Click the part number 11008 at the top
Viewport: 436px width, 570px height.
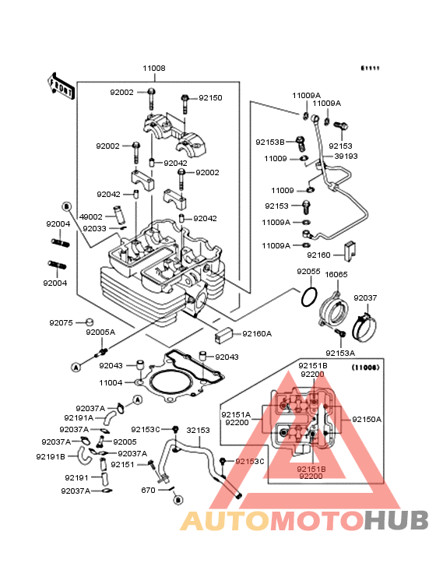tap(154, 68)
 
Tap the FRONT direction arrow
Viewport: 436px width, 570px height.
tap(61, 86)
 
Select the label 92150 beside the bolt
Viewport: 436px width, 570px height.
tap(210, 98)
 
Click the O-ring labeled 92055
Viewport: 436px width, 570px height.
tap(309, 297)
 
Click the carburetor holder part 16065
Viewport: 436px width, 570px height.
tap(333, 309)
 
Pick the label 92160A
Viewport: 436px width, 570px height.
tap(257, 334)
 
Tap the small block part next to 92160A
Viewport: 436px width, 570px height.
tap(223, 334)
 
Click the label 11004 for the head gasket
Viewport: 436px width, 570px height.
tap(111, 382)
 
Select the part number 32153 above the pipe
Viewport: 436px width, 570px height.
tap(198, 430)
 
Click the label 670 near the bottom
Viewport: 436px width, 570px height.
tap(148, 490)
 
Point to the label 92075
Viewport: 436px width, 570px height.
tap(61, 322)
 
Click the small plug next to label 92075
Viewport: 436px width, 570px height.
tap(90, 322)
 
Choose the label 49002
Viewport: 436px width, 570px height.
tap(91, 216)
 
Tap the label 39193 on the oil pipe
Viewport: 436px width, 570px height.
tap(346, 156)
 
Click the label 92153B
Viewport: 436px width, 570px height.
tap(270, 142)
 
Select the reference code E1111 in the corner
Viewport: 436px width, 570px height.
tap(370, 68)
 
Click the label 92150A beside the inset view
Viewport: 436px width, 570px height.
tap(367, 419)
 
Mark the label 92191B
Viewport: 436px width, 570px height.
tap(51, 456)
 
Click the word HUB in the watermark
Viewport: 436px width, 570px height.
tap(396, 520)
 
